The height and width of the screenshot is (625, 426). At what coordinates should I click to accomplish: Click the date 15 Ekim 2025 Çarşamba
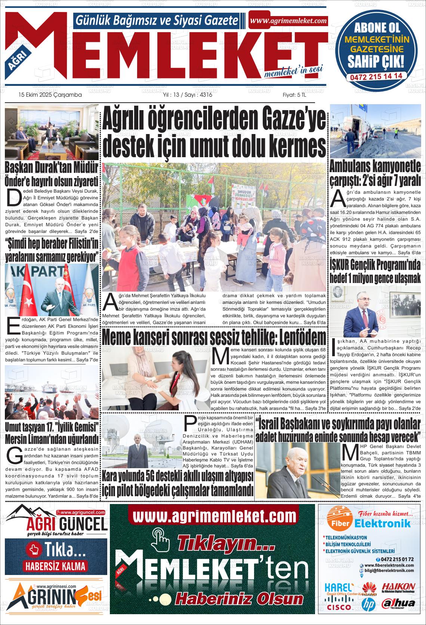(x=50, y=95)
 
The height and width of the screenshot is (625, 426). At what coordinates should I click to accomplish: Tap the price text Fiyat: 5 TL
(x=294, y=95)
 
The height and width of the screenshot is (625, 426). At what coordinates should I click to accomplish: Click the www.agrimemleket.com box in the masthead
(x=288, y=21)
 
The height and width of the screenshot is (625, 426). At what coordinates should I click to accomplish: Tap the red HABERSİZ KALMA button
(x=55, y=566)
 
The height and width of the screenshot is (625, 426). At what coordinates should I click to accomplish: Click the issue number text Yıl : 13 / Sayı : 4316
(x=188, y=95)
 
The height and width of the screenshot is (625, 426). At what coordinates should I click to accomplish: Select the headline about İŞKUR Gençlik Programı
(x=375, y=271)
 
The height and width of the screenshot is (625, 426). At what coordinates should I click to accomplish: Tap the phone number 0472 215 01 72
(x=397, y=559)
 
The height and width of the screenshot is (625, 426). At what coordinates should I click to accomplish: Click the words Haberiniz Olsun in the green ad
(x=239, y=599)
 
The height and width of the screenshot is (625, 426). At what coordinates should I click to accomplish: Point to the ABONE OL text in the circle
(x=377, y=28)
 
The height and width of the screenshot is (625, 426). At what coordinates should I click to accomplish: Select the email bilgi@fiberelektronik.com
(x=389, y=570)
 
